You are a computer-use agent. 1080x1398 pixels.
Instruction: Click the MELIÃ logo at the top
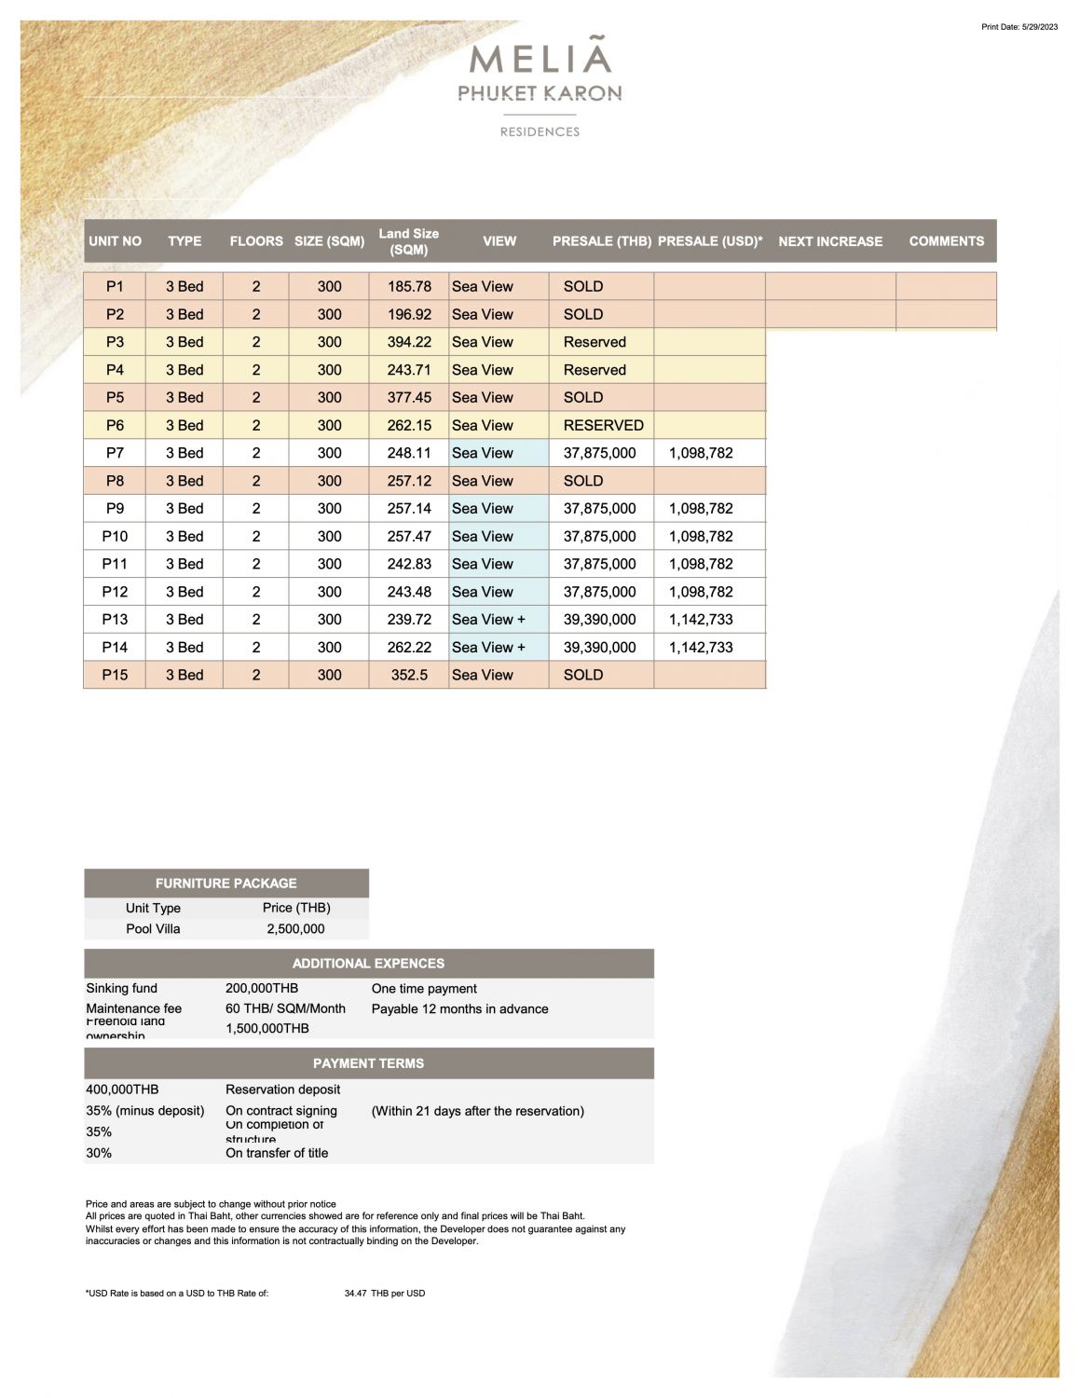coord(540,59)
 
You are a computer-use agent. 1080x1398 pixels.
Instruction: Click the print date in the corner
coord(1019,27)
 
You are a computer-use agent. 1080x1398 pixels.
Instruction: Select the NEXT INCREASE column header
coord(829,241)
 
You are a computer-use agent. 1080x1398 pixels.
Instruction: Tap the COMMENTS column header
coord(946,241)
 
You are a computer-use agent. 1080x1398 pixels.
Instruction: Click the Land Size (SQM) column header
coord(408,241)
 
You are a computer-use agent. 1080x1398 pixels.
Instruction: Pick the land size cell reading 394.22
coord(409,342)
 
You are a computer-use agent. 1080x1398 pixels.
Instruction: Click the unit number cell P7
coord(115,453)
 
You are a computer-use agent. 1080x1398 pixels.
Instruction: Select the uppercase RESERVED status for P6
coord(603,425)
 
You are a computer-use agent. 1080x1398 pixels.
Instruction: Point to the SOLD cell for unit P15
coord(583,675)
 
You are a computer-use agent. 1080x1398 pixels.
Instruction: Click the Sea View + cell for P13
coord(488,620)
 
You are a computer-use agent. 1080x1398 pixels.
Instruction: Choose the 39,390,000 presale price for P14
coord(599,647)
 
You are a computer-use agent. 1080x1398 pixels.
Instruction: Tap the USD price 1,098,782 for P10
coord(701,536)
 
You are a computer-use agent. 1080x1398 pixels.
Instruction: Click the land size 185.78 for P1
coord(409,287)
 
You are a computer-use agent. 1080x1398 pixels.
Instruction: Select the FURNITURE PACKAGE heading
coord(226,884)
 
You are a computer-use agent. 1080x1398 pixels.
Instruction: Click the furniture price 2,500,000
coord(295,929)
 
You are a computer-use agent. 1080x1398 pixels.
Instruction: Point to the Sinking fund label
coord(122,989)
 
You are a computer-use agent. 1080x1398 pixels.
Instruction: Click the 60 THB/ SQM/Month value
coord(285,1008)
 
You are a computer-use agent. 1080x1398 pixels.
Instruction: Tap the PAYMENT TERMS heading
coord(368,1063)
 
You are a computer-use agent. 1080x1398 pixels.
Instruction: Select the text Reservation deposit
coord(282,1090)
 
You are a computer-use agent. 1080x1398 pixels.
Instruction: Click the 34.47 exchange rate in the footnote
coord(355,1294)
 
